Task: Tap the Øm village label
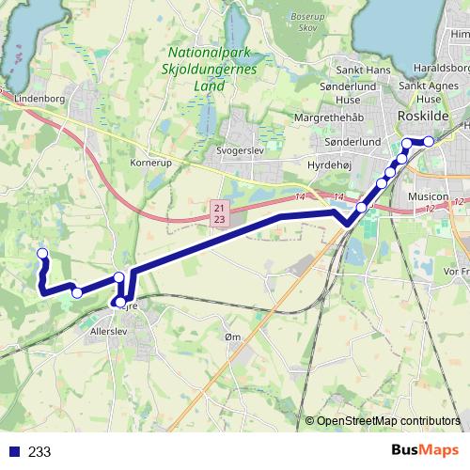tap(234, 337)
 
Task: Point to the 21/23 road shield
tap(219, 212)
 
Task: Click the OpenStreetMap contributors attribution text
tap(387, 420)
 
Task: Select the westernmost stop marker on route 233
tap(41, 253)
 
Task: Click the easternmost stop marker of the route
tap(429, 141)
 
